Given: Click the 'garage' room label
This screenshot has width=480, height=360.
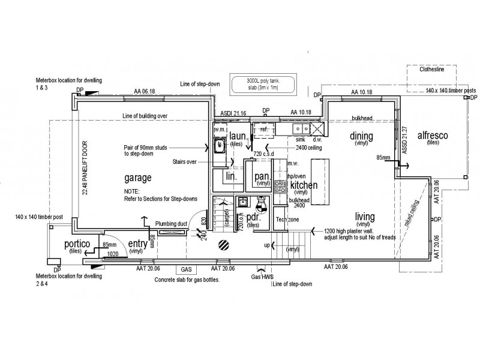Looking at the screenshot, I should [x=137, y=178].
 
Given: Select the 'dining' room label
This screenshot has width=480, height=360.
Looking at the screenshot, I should [x=362, y=136].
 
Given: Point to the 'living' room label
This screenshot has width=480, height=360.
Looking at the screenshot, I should [x=364, y=217].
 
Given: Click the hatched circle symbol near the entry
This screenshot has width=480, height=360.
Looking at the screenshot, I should [x=223, y=245].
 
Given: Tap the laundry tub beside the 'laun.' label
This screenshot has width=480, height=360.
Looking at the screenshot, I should [x=221, y=145].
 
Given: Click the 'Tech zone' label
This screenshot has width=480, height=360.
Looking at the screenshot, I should [x=287, y=220].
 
